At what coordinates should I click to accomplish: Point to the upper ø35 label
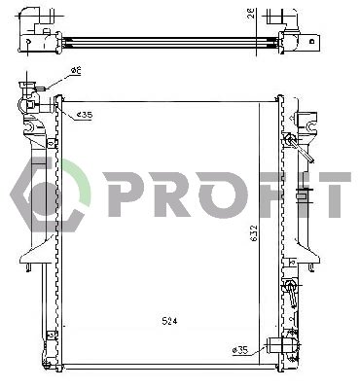click(85, 115)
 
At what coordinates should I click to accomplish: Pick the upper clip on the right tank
click(289, 142)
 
